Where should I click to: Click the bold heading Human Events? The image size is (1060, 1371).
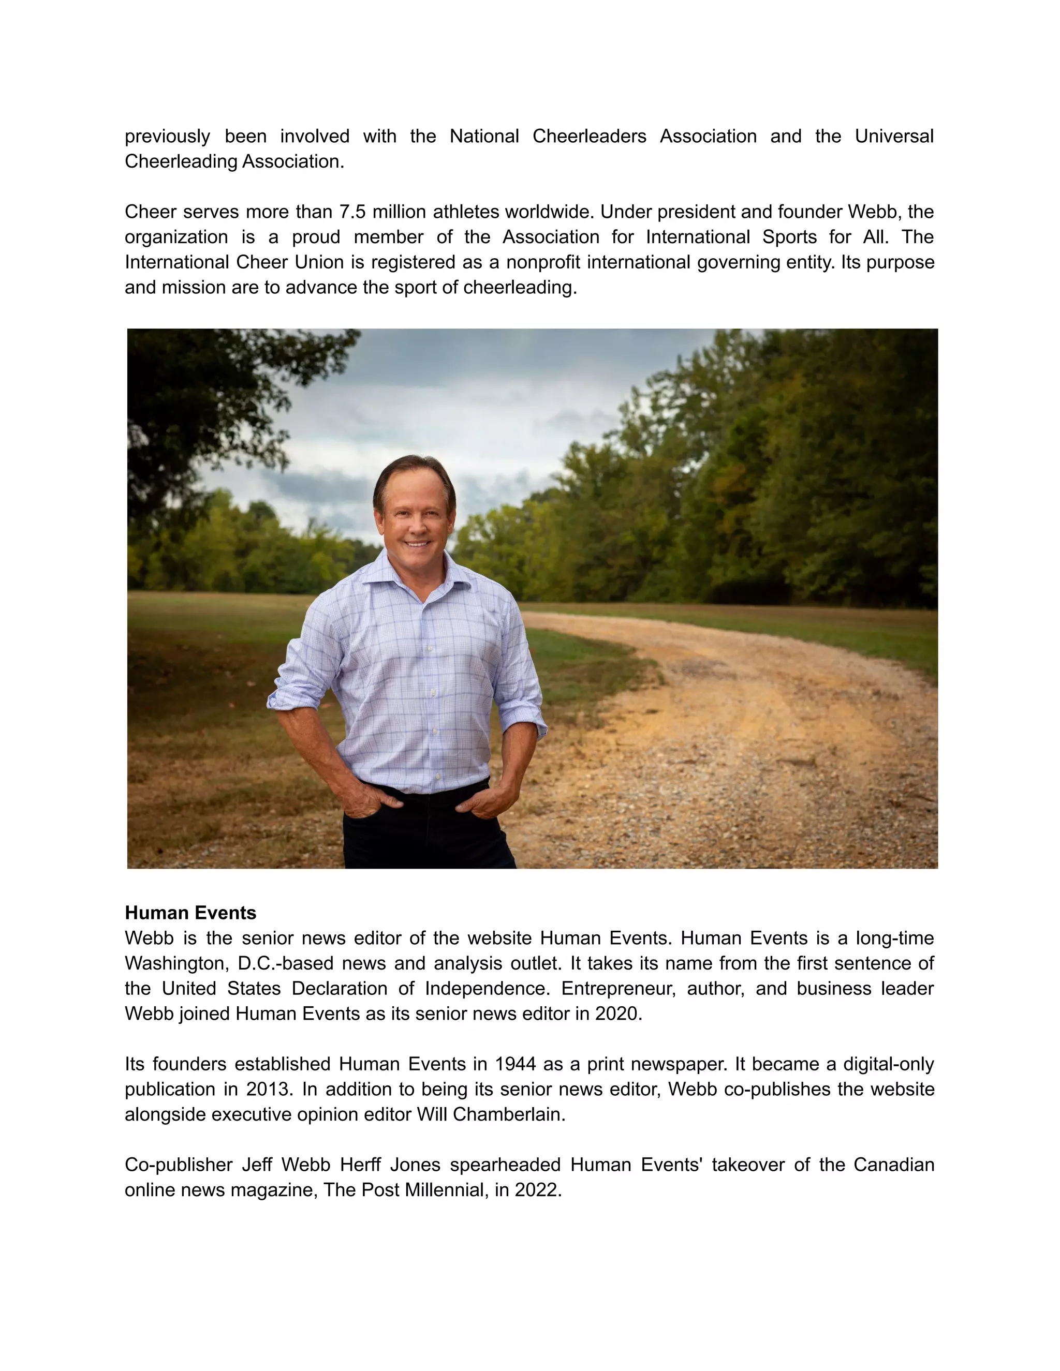(x=190, y=913)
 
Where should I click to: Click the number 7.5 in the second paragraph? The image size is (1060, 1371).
(x=352, y=212)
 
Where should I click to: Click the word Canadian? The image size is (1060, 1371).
(x=893, y=1165)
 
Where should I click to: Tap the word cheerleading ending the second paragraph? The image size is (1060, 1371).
(x=519, y=288)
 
